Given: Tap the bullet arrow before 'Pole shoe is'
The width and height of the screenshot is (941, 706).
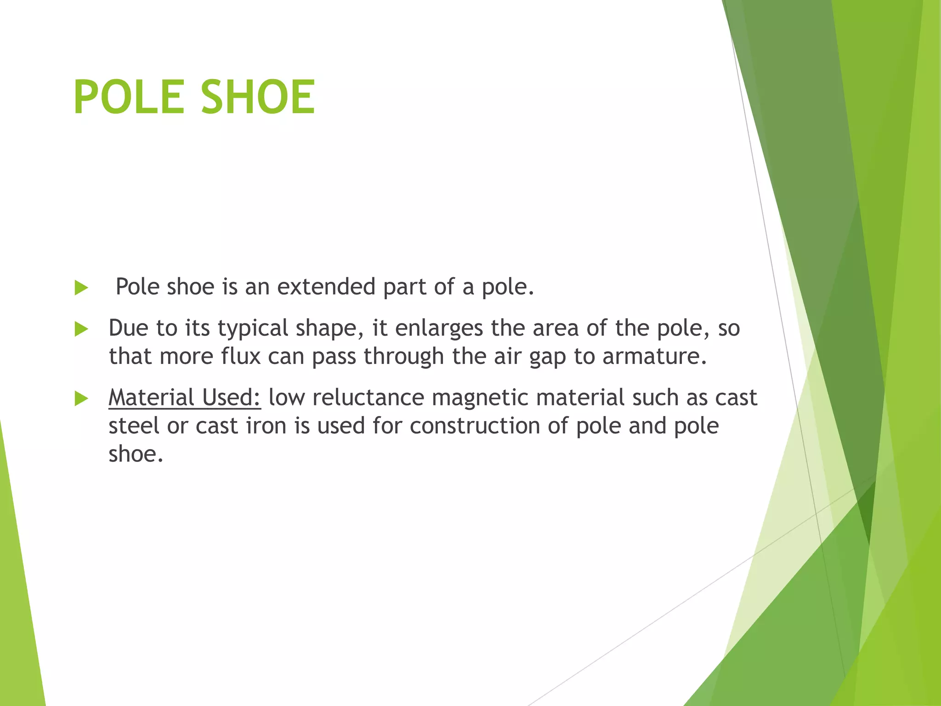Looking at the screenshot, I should coord(81,288).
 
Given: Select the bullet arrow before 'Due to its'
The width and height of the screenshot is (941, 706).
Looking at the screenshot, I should coord(81,329).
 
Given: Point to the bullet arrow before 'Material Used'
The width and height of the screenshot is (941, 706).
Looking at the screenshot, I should coord(81,399).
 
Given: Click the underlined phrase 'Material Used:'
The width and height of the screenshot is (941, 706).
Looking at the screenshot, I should coord(185,397).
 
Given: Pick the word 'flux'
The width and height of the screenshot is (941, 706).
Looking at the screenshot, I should coord(241,356).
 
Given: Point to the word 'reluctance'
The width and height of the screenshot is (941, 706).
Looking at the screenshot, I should coord(368,397).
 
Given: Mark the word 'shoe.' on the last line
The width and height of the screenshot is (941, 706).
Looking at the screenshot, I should coord(136,454).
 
